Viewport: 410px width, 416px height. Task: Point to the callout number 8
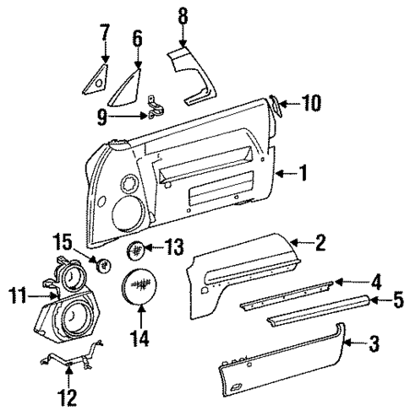183,17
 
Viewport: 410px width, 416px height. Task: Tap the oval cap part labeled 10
276,106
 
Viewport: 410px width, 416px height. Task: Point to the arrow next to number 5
376,299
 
